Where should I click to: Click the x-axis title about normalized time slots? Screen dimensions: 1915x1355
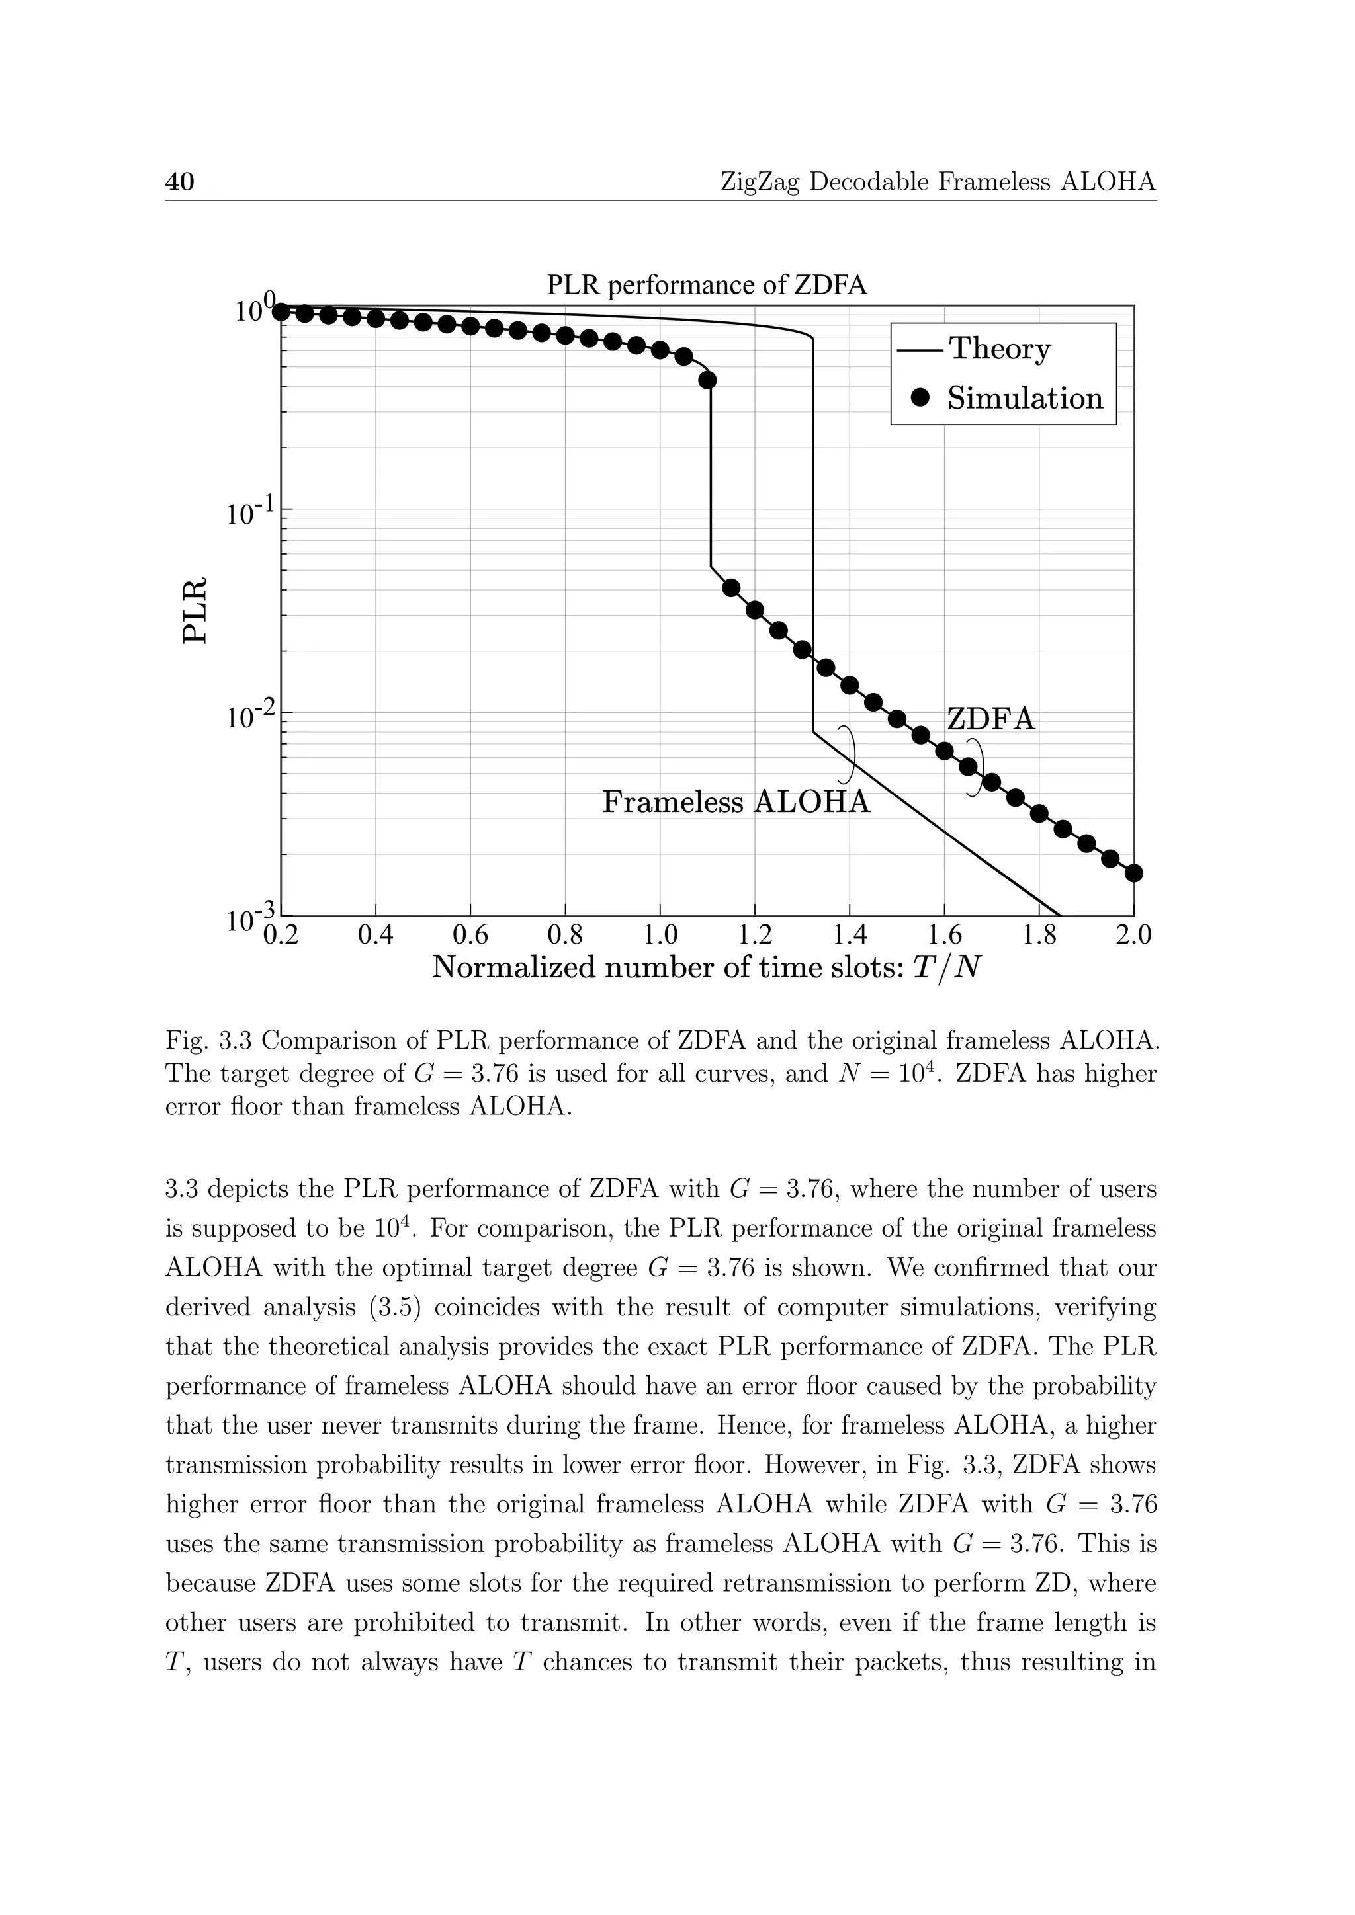706,968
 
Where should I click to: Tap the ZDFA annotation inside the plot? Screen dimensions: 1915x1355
990,719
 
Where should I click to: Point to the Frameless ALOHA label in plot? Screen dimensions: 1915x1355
736,802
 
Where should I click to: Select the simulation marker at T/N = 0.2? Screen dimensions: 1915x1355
282,312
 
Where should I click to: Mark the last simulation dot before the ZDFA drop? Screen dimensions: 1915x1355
707,380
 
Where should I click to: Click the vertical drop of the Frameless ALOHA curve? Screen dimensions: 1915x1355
812,534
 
